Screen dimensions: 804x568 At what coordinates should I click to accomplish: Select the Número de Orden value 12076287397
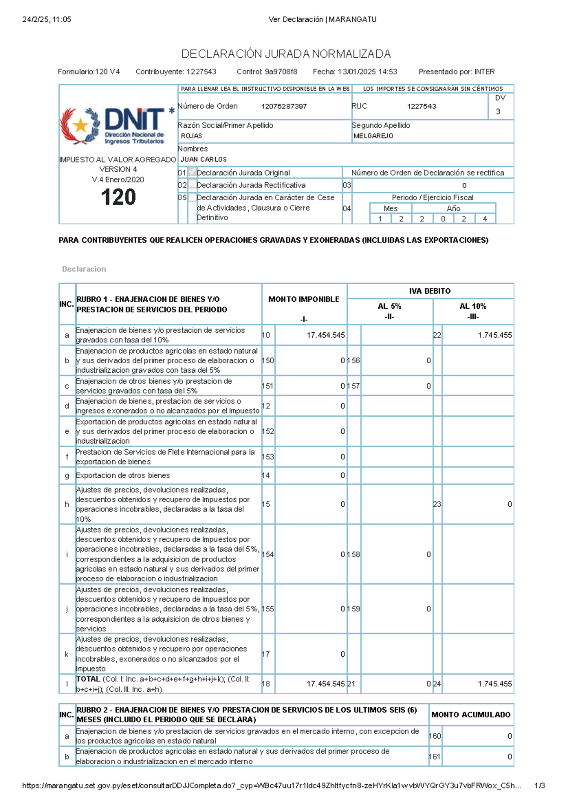[x=284, y=107]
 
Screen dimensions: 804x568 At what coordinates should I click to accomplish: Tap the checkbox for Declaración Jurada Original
[x=192, y=172]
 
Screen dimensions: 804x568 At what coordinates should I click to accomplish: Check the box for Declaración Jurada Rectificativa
[x=192, y=185]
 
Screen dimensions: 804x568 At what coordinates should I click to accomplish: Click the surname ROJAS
[x=191, y=136]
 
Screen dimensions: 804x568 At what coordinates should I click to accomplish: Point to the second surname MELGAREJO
[x=373, y=136]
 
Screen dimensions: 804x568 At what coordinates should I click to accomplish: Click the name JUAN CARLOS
[x=204, y=160]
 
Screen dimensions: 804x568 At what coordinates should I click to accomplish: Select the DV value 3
[x=498, y=112]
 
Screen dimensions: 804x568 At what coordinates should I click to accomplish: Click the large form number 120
[x=118, y=197]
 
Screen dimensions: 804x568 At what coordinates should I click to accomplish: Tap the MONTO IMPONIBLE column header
[x=304, y=299]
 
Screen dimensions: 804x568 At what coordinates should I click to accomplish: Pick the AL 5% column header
[x=390, y=306]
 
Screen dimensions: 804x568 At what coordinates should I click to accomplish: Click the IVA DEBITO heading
[x=430, y=291]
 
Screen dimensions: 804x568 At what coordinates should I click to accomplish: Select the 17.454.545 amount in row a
[x=326, y=335]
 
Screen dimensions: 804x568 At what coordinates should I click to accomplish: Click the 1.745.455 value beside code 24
[x=495, y=684]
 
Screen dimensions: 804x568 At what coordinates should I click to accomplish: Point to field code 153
[x=268, y=457]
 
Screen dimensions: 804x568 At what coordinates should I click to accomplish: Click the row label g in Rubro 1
[x=67, y=476]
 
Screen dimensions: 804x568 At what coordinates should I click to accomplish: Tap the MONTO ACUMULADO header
[x=470, y=715]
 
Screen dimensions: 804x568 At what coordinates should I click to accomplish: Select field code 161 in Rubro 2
[x=435, y=757]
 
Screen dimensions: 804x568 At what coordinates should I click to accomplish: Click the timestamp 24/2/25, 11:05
[x=47, y=19]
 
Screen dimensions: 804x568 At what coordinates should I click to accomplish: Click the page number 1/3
[x=539, y=786]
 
